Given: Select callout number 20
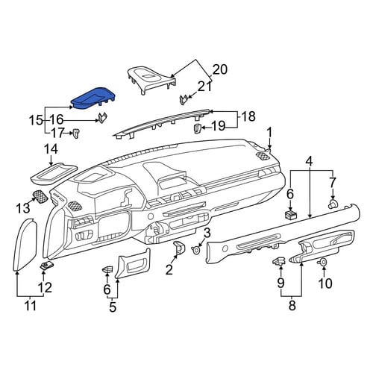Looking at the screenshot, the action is (219, 69).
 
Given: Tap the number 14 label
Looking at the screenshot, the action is (51, 149).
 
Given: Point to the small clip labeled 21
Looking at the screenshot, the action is (184, 100).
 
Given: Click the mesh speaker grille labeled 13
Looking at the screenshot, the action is (40, 197).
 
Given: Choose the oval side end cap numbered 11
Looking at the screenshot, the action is (25, 245).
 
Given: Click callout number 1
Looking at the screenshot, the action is (269, 133).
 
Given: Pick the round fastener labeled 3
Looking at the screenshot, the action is (196, 249).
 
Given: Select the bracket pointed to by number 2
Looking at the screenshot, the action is (179, 248).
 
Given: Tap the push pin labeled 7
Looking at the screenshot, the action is (333, 204).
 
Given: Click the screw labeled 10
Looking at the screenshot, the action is (322, 262).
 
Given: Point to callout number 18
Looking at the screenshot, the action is (248, 116).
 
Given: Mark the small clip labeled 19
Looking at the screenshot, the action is (197, 128).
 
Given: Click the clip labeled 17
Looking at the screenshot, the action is (75, 134).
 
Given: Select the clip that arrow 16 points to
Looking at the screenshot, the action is (102, 118).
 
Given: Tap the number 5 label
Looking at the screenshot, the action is (113, 307).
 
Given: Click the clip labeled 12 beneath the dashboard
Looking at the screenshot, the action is (46, 266).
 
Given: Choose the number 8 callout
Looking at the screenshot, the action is (292, 305).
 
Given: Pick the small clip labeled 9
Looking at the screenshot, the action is (279, 261).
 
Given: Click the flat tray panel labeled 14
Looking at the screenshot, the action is (54, 174).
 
